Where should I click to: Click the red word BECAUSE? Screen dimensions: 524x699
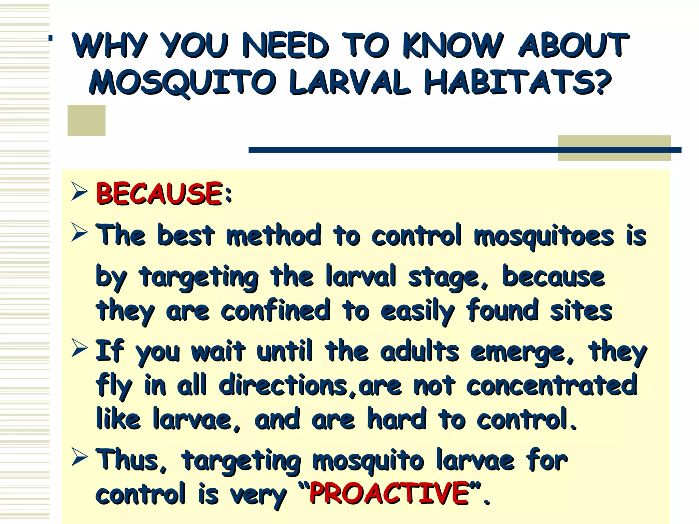[x=159, y=193]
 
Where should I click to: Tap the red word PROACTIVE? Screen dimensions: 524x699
[x=389, y=493]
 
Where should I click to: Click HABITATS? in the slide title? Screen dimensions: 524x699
[x=517, y=83]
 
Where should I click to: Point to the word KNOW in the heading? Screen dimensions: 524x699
[x=452, y=45]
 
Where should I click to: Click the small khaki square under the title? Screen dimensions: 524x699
[x=86, y=120]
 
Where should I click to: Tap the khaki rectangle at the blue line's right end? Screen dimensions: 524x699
[x=614, y=148]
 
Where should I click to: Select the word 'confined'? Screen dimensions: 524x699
[x=275, y=310]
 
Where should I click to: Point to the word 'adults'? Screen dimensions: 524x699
[x=419, y=351]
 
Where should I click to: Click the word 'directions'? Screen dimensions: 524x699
[x=283, y=385]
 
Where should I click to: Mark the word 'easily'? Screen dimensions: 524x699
[x=417, y=311]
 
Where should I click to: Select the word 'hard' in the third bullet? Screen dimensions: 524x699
[x=397, y=419]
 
